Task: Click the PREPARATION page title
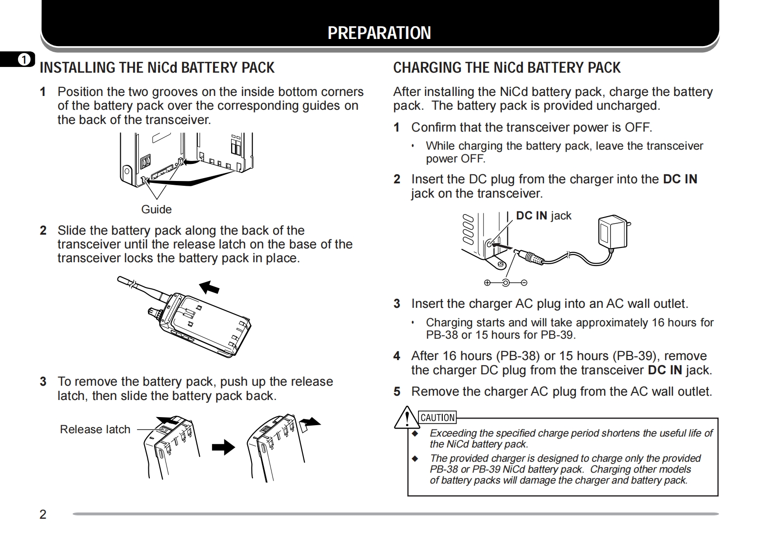(379, 33)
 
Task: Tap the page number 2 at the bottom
(43, 514)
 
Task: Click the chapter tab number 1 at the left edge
(23, 60)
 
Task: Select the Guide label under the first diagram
(156, 209)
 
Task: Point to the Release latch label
(95, 429)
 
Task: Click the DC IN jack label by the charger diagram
(544, 216)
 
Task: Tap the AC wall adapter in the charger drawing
(612, 233)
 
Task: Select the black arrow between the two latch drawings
(223, 447)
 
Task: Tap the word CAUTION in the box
(438, 418)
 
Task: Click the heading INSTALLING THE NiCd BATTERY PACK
(157, 68)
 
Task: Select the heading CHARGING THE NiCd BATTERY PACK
(506, 68)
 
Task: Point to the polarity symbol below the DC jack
(505, 283)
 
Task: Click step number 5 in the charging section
(397, 392)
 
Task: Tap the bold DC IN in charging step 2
(680, 179)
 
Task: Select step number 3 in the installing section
(43, 382)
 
